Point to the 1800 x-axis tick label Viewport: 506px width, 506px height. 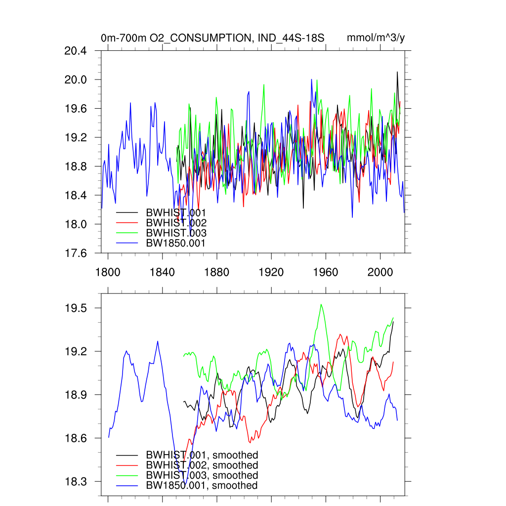[x=108, y=272]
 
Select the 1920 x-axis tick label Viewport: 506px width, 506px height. [x=271, y=272]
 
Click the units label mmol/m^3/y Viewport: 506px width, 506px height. [x=376, y=38]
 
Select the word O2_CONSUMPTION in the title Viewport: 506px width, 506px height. [x=203, y=38]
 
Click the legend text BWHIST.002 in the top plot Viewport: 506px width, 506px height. [x=176, y=223]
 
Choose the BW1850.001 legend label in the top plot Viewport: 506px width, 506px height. [x=175, y=243]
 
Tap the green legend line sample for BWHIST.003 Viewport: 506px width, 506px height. [x=127, y=233]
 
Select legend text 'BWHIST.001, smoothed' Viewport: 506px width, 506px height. [x=202, y=455]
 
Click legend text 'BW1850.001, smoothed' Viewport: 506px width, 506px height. [x=202, y=486]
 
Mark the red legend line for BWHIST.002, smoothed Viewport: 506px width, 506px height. [x=127, y=465]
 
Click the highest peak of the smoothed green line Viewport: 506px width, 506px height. [x=321, y=304]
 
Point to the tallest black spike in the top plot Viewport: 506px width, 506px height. [x=397, y=72]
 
